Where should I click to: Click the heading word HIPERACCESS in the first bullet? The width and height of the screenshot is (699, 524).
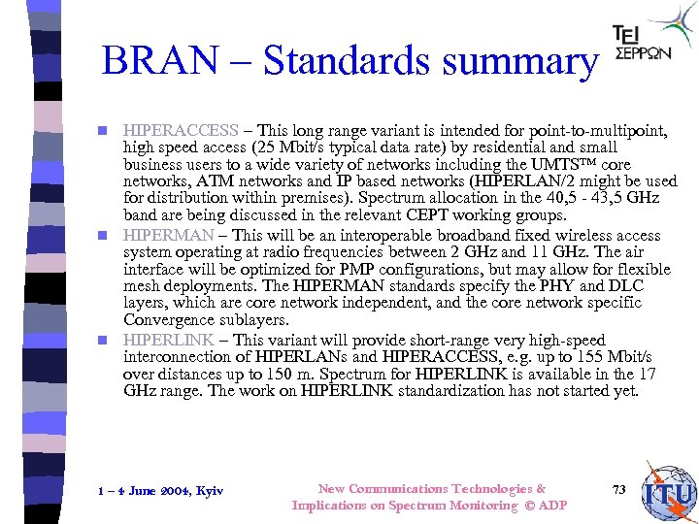tap(181, 130)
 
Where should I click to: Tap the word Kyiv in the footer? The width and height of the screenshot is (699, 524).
tap(209, 491)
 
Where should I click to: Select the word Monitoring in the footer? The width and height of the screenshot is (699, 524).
tap(481, 506)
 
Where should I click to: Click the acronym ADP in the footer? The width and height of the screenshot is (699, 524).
tap(552, 506)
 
